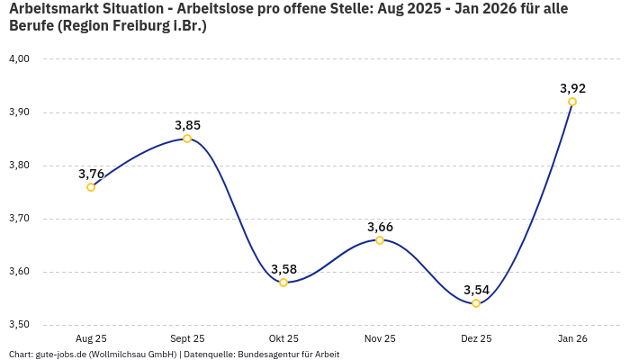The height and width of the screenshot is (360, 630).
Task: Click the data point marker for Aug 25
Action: [x=91, y=187]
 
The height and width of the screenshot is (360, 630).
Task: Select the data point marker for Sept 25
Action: [x=187, y=139]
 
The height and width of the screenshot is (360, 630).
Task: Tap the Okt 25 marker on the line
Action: [x=283, y=283]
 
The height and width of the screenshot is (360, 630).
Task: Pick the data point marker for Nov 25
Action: [x=380, y=240]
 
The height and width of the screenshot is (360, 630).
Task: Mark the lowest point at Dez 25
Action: [x=476, y=303]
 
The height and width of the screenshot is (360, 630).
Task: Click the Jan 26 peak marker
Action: [x=572, y=102]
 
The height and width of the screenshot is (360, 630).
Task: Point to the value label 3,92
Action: [x=572, y=88]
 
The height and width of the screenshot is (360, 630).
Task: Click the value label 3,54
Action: [x=476, y=290]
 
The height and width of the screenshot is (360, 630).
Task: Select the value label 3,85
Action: [x=187, y=125]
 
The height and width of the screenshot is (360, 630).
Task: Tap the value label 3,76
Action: [x=91, y=174]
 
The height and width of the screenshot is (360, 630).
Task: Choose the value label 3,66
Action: [x=380, y=227]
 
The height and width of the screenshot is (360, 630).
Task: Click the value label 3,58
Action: [x=283, y=269]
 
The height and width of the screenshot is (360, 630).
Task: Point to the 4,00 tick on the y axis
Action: [x=19, y=59]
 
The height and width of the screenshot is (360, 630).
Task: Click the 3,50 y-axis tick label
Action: [x=19, y=325]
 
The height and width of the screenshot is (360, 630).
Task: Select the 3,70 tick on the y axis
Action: [x=19, y=219]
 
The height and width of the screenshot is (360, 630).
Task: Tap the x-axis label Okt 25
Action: [x=283, y=338]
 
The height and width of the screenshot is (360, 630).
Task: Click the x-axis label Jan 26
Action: [x=572, y=338]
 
